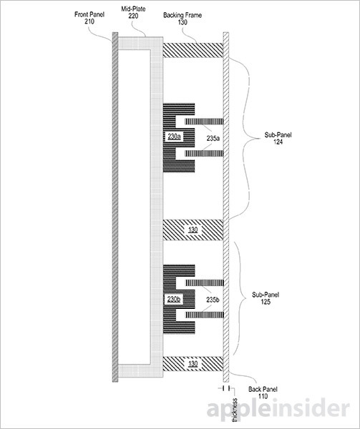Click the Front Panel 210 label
tap(89, 18)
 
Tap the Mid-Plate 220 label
tap(133, 13)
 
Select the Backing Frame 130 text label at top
tap(183, 19)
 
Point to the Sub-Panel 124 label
tap(278, 138)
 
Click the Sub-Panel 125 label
tap(266, 298)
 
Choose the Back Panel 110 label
tap(263, 393)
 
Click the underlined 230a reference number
tap(174, 137)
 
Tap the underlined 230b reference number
tap(174, 299)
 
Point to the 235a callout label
tap(213, 139)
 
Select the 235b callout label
tap(213, 300)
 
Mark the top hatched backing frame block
tap(193, 50)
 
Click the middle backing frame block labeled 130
tap(193, 230)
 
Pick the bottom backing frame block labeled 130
tap(193, 364)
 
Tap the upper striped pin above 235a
tap(204, 122)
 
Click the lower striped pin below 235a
tap(204, 153)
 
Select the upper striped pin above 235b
tap(205, 282)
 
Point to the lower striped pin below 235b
tap(205, 315)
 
